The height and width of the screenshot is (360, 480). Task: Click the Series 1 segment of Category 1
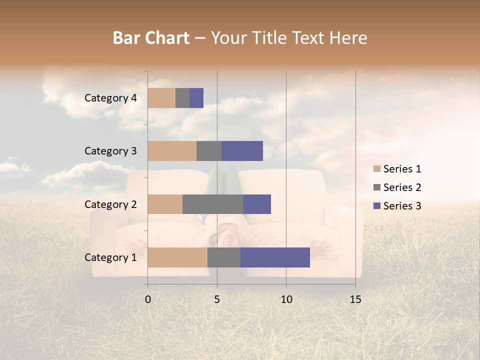(x=177, y=257)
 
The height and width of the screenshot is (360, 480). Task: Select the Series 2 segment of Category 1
(x=224, y=257)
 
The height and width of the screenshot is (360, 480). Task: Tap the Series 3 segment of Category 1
(x=275, y=257)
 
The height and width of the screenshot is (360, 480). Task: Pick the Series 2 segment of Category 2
(x=213, y=204)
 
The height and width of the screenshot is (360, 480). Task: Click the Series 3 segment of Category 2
(x=257, y=204)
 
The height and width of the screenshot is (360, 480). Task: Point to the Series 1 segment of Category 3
(x=172, y=151)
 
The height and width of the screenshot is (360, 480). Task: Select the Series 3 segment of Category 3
(x=242, y=151)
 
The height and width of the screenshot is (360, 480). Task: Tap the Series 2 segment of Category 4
(x=182, y=98)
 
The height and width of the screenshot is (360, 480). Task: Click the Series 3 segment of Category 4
(x=196, y=98)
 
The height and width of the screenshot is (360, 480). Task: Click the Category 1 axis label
(x=110, y=257)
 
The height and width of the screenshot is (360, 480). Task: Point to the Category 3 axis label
(x=110, y=151)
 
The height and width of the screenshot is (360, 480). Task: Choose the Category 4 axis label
(x=110, y=98)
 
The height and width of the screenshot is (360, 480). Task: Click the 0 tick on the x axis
(x=148, y=299)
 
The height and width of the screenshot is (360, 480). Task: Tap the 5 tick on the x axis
(x=217, y=299)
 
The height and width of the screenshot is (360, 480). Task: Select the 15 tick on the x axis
(x=355, y=299)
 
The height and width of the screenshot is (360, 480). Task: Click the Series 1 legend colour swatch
(x=376, y=169)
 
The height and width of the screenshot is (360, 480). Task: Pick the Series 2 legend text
(x=402, y=187)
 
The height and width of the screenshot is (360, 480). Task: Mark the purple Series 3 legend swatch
(x=376, y=206)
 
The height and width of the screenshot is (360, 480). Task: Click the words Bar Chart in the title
(x=151, y=38)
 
